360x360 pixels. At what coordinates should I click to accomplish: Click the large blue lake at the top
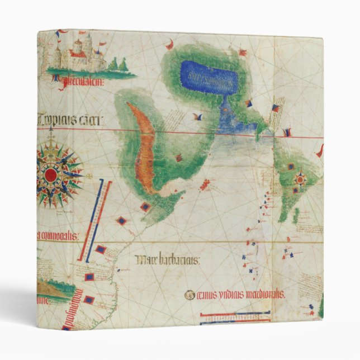(209, 77)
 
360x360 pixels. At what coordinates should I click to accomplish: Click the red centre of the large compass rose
(51, 175)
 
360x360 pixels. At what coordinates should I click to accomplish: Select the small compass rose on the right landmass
(300, 180)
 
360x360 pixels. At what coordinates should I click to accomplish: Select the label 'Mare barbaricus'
(168, 260)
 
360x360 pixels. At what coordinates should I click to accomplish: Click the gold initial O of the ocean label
(191, 295)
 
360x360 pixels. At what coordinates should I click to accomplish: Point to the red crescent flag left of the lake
(168, 44)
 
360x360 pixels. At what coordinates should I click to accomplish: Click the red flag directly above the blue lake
(243, 53)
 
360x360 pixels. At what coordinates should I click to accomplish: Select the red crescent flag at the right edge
(319, 151)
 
